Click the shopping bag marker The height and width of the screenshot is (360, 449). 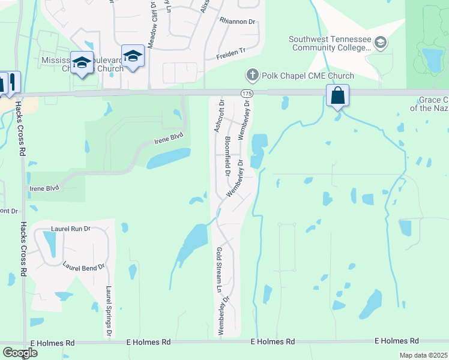point(338,95)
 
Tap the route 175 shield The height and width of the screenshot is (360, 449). point(247,94)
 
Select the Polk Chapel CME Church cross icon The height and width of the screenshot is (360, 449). point(252,75)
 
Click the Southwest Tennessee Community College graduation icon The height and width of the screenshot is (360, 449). point(379,43)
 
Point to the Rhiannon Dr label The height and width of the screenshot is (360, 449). point(237,22)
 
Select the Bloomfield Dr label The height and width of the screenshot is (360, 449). point(228,156)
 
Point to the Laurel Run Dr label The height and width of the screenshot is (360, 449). point(70,229)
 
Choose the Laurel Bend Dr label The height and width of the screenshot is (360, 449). point(83,265)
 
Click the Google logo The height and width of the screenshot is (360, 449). point(20,353)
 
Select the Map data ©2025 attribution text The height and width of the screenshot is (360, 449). point(423,355)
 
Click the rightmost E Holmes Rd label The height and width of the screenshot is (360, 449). point(393,341)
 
